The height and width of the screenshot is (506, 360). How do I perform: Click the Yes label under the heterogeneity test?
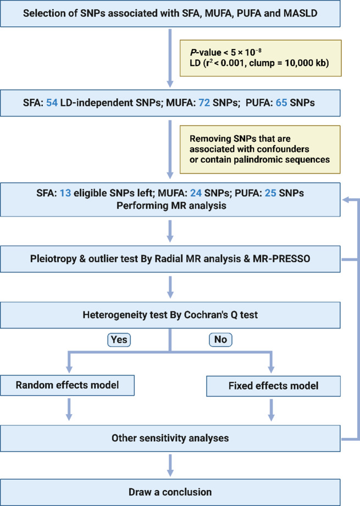[119, 340]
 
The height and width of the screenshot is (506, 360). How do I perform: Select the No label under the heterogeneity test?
[220, 340]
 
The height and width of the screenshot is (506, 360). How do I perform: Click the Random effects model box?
[68, 385]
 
